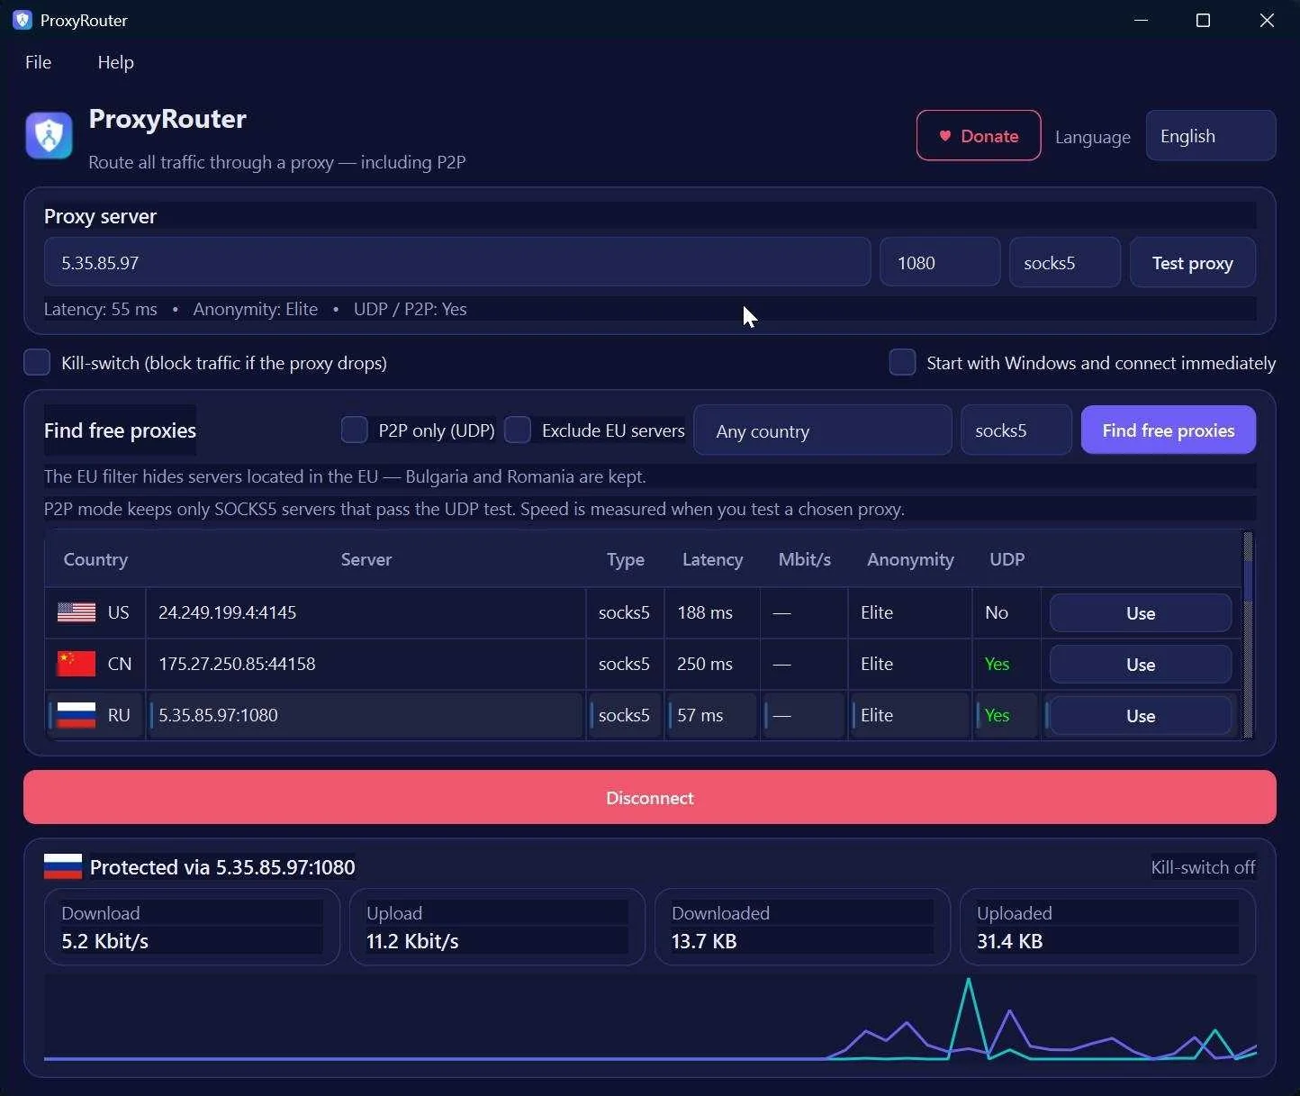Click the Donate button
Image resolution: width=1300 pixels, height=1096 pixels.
coord(978,136)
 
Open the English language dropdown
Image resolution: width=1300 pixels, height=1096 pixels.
coord(1210,136)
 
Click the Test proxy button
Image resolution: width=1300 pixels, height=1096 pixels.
coord(1192,263)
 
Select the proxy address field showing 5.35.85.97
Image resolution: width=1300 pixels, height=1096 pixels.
coord(457,263)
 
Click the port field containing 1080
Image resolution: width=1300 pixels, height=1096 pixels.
coord(940,263)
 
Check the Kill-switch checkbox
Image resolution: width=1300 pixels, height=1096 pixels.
coord(37,362)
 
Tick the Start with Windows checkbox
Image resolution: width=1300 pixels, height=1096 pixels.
coord(902,362)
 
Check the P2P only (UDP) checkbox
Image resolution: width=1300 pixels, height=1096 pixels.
coord(355,430)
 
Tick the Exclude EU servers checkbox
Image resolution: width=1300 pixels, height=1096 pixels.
coord(518,430)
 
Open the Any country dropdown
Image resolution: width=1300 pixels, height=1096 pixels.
coord(823,430)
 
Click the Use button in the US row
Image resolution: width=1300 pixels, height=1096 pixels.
coord(1140,612)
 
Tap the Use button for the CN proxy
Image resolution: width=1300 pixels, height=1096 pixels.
coord(1140,665)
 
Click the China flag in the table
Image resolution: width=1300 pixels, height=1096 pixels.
coord(76,664)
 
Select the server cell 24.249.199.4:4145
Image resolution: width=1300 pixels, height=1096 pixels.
coord(227,612)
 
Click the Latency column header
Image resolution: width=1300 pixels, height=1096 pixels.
coord(712,559)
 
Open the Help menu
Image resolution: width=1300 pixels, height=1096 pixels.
coord(115,62)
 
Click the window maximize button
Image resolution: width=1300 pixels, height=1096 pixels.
coord(1203,21)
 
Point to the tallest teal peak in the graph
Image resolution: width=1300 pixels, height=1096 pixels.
coord(968,980)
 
